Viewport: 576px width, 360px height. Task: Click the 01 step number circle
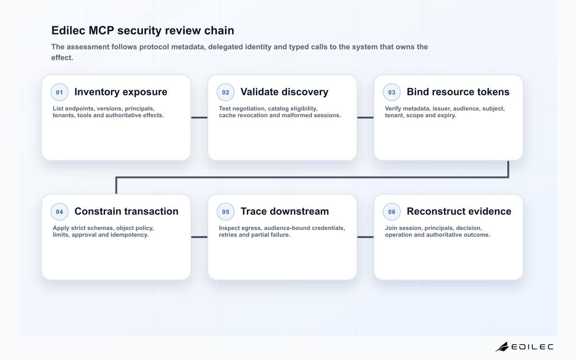[x=60, y=92]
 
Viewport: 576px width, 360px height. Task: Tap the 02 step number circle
[x=226, y=92]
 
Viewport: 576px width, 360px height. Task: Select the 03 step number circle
[x=392, y=92]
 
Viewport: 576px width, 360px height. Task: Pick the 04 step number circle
[x=60, y=212]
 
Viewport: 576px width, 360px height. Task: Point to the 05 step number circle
[x=226, y=212]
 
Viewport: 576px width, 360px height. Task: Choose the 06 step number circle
[x=392, y=212]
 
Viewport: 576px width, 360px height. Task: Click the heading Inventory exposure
[x=121, y=92]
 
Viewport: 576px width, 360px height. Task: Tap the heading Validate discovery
[x=284, y=92]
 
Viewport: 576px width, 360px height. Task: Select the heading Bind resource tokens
[x=458, y=92]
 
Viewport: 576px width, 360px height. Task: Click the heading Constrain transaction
[x=127, y=211]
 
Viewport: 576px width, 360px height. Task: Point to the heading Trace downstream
[x=285, y=211]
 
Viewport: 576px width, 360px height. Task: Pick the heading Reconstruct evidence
[x=459, y=211]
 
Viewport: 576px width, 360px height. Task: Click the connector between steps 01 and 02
[x=199, y=118]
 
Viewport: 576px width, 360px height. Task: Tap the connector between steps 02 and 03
[x=365, y=118]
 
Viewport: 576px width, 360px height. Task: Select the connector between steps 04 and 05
[x=199, y=237]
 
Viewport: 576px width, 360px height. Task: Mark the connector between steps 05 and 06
[x=365, y=237]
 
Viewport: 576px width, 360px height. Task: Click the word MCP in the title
[x=101, y=30]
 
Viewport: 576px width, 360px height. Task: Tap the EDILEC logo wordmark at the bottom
[x=532, y=347]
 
